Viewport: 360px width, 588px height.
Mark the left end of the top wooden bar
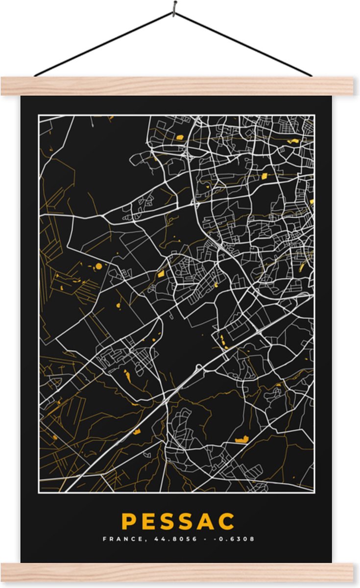click(4, 86)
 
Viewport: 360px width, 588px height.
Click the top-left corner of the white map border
click(39, 115)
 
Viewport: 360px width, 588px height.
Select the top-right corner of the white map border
click(314, 115)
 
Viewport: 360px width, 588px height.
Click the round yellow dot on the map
click(98, 266)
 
